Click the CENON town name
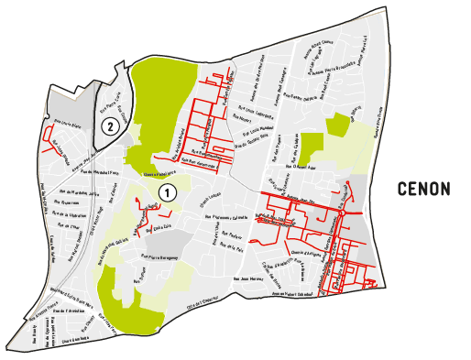tap(424, 190)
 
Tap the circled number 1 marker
tap(168, 191)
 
